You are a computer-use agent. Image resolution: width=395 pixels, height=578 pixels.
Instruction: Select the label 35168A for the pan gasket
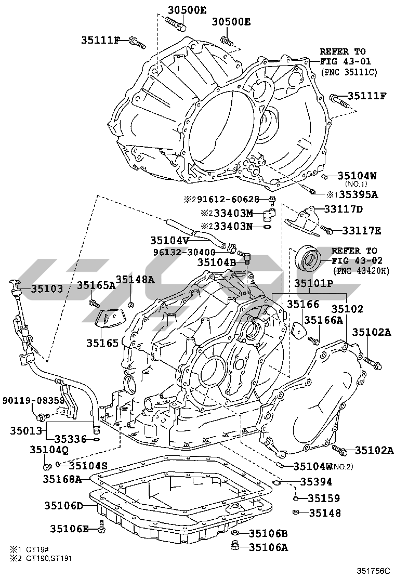tap(62, 479)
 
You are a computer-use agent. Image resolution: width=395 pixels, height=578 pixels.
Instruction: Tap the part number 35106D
tap(63, 505)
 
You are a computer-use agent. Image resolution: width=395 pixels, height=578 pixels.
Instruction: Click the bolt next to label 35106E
tap(101, 529)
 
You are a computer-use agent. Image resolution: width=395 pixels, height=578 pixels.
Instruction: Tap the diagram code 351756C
tap(372, 571)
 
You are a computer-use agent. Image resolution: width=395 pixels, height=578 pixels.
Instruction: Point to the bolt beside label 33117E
tap(327, 230)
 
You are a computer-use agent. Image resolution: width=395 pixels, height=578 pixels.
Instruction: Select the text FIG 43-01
tap(342, 61)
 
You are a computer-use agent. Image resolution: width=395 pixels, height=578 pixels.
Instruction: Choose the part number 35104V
tap(169, 240)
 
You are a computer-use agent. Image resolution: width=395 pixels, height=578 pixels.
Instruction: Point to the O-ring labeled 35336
tap(97, 439)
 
